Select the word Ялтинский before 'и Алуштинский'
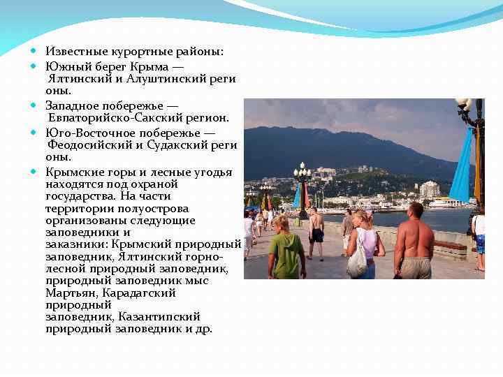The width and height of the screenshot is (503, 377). pyautogui.click(x=75, y=79)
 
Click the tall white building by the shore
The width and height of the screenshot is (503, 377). pyautogui.click(x=429, y=189)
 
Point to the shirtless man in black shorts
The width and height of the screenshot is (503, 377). pyautogui.click(x=316, y=230)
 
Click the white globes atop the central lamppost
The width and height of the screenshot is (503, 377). pyautogui.click(x=302, y=170)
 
